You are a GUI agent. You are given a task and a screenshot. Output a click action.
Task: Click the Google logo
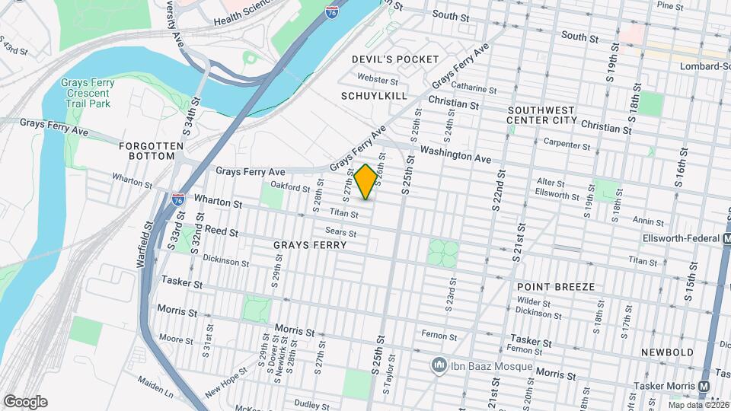point(24,402)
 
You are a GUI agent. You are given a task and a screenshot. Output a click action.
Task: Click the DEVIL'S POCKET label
point(395,59)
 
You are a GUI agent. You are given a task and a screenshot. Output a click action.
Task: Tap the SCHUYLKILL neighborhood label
point(374,96)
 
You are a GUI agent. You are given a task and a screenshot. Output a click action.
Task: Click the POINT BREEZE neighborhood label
point(555,287)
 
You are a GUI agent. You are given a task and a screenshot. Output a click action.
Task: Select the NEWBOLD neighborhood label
point(667,352)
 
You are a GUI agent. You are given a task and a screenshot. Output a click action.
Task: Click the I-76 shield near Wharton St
point(178,199)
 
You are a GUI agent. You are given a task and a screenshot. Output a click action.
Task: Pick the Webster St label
point(378,79)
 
